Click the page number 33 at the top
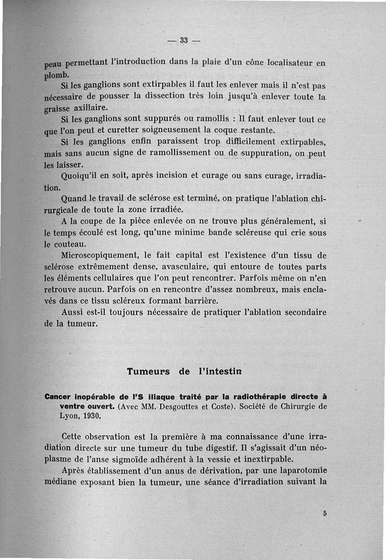tap(184, 40)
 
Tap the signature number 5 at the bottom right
tap(325, 514)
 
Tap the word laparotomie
tap(303, 470)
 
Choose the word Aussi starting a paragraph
tap(73, 312)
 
